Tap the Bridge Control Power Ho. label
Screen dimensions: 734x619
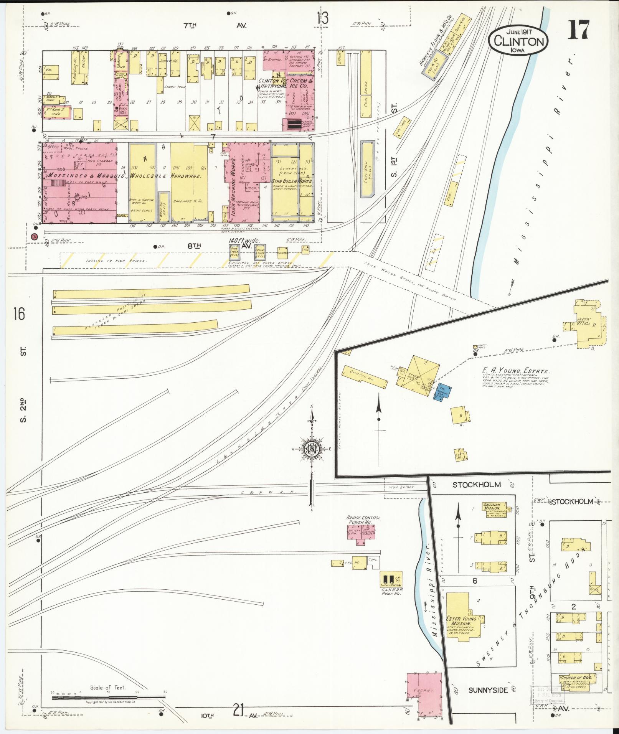[363, 520]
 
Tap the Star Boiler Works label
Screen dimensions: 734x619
[292, 181]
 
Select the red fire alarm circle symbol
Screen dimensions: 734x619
[34, 236]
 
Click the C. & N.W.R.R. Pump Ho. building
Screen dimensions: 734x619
[389, 579]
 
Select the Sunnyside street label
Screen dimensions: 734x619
[488, 690]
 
